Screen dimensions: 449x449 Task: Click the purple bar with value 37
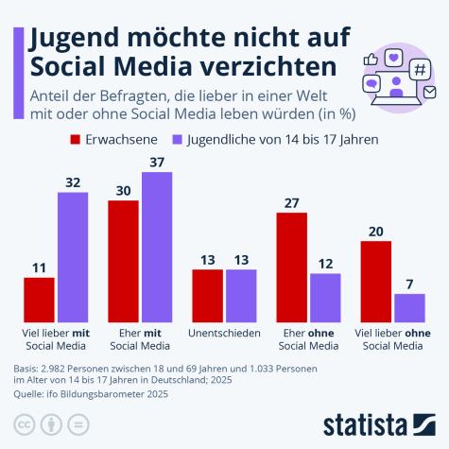click(x=157, y=248)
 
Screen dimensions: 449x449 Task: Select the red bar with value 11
click(x=40, y=300)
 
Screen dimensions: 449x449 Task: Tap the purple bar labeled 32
click(x=73, y=256)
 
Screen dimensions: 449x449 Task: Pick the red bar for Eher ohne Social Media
click(x=291, y=268)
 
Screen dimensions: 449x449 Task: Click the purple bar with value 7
click(x=409, y=307)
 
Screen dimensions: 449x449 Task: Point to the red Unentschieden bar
click(x=207, y=295)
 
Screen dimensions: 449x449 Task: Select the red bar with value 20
click(x=376, y=281)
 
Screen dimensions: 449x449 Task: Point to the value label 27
click(x=291, y=202)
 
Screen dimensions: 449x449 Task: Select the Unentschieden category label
click(x=224, y=334)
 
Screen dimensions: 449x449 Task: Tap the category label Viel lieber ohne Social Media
click(x=392, y=339)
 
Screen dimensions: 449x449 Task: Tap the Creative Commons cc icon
click(x=25, y=423)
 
